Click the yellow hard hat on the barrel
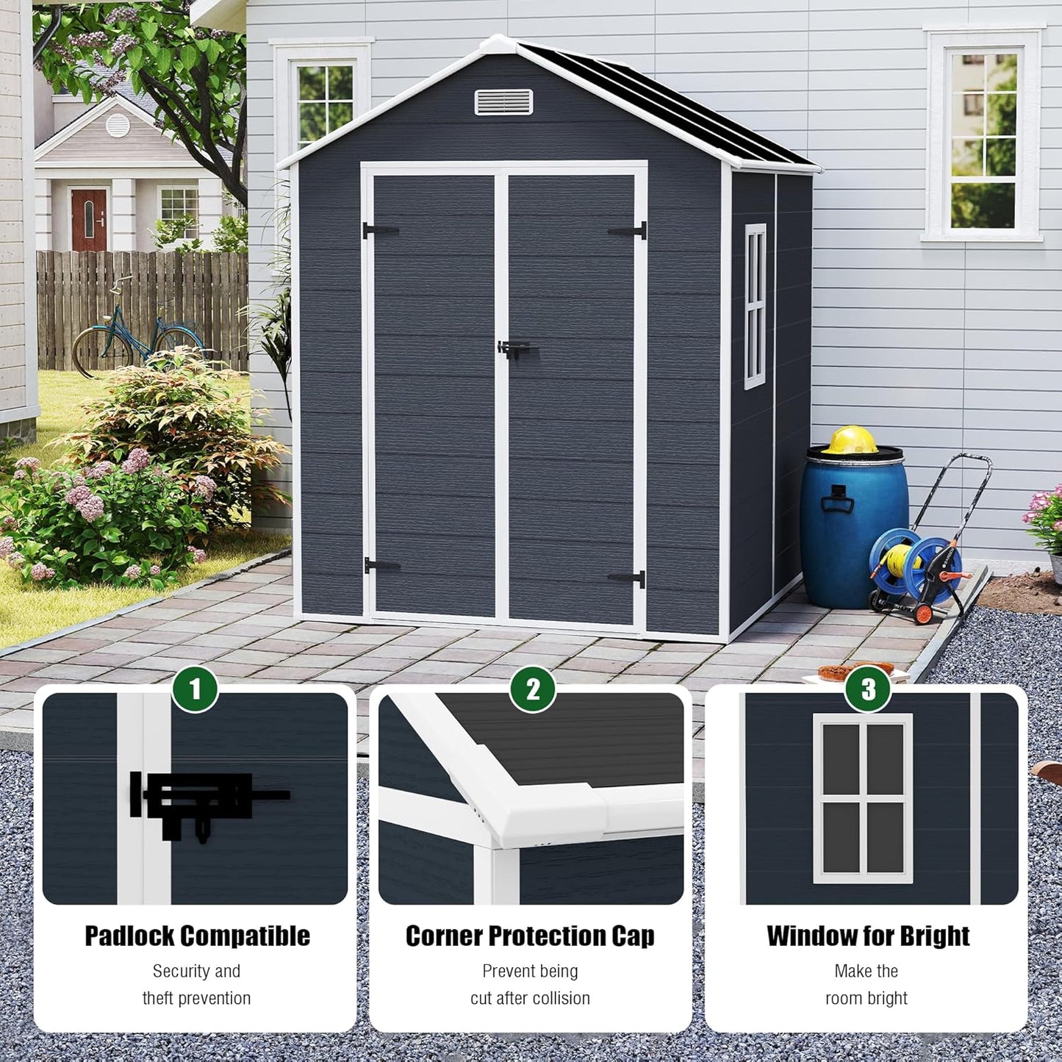point(850,440)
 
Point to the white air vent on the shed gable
point(503,102)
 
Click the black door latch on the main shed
point(514,348)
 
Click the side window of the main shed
point(755,306)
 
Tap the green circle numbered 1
point(195,689)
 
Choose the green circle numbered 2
point(532,689)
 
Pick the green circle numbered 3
point(868,689)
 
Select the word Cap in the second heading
point(633,936)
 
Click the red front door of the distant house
point(89,219)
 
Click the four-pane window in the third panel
point(863,797)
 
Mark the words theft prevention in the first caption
point(196,998)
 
